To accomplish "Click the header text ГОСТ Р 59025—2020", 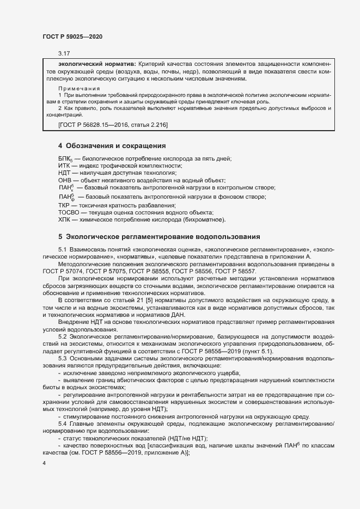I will pos(72,36).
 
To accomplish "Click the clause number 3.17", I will pos(64,54).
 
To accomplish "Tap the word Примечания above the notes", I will pos(79,88).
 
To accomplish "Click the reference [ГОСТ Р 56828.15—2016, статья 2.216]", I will pos(113,126).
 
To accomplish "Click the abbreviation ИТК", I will pos(65,165).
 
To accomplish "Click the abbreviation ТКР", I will pos(65,205).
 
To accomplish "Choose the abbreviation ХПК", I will pos(65,220).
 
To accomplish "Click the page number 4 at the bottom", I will pos(44,463).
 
